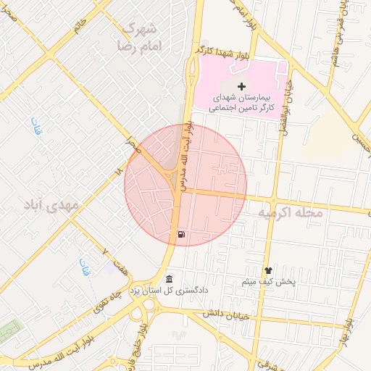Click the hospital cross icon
241,87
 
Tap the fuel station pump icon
180,234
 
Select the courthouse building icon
169,280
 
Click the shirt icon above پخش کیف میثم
267,270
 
